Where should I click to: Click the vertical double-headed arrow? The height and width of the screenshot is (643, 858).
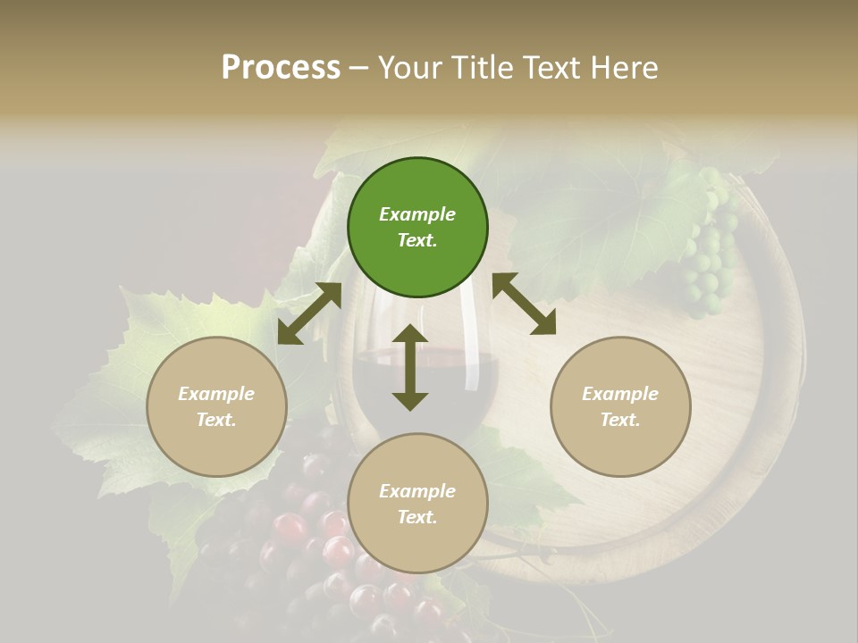point(410,367)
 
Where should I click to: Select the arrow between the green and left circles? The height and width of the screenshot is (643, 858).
point(309,313)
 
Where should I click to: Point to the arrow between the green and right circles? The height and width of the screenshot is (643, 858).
point(524,304)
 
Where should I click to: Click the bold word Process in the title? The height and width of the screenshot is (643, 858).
point(281,67)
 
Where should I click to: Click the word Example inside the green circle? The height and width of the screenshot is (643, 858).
point(417,214)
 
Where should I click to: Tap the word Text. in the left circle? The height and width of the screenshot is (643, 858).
point(216,420)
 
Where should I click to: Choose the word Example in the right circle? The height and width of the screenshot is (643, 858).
point(620,394)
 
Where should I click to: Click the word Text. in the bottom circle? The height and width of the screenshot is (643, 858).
point(417,517)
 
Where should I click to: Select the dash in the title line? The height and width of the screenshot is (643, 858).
point(359,69)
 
